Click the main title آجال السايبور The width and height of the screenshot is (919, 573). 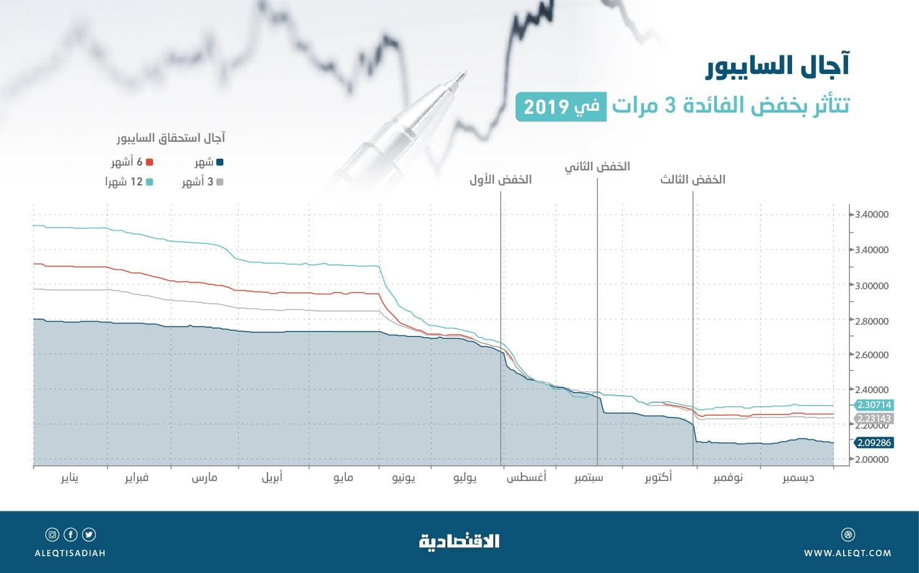(x=777, y=67)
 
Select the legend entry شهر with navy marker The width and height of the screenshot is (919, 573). (x=209, y=162)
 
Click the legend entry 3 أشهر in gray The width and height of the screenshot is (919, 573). (x=202, y=182)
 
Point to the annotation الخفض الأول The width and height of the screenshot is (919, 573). (x=500, y=180)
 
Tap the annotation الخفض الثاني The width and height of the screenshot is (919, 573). (x=597, y=167)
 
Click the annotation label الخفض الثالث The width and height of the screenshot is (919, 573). (x=693, y=180)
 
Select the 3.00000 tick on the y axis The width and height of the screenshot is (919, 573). (x=872, y=286)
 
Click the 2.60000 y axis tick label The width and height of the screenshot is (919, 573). (x=872, y=355)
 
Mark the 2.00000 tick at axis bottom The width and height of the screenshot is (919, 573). (x=872, y=460)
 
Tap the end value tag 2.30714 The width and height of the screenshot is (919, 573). (x=874, y=404)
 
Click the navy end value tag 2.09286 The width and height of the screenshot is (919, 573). (x=874, y=443)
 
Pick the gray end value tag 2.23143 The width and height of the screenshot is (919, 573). (x=874, y=419)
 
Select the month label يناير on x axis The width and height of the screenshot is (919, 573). (x=70, y=478)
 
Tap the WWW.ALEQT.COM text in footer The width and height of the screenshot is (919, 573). (x=847, y=552)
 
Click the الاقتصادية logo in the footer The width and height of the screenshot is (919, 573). (x=459, y=541)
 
